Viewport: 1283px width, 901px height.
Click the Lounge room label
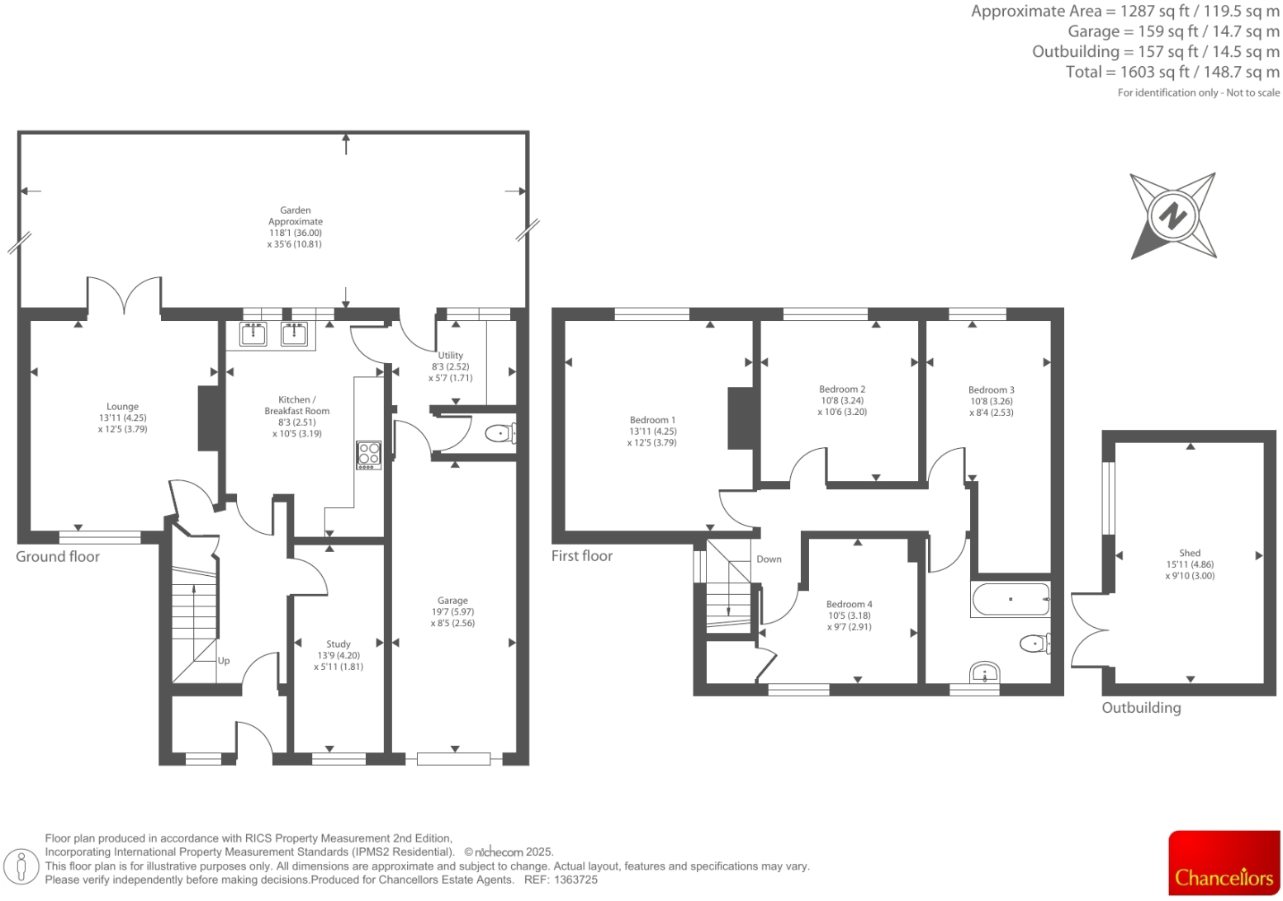[x=122, y=407]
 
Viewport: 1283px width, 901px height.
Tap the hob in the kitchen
[x=368, y=455]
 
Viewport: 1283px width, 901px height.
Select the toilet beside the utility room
[x=500, y=433]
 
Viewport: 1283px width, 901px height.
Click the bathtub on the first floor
[x=1011, y=600]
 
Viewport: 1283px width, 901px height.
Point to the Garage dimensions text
[x=452, y=617]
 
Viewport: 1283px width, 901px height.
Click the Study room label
[x=339, y=644]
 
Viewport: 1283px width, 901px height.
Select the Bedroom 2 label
[x=842, y=389]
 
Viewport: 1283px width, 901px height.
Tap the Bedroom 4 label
[x=849, y=604]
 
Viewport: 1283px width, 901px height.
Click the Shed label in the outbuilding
[x=1190, y=553]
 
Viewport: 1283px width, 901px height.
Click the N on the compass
[x=1172, y=216]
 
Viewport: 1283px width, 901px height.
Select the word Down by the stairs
[x=769, y=559]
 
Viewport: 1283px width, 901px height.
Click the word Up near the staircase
[x=224, y=661]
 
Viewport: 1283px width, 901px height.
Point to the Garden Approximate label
[x=296, y=216]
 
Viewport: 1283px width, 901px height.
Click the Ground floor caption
[x=58, y=557]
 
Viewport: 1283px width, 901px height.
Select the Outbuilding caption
[x=1141, y=708]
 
